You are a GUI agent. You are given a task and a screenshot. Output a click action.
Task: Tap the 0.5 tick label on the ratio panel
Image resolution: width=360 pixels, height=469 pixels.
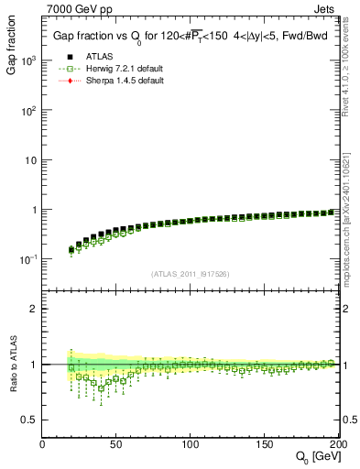[29, 420]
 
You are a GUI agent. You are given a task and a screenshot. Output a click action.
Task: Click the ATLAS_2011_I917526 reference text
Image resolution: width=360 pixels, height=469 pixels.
[190, 274]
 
